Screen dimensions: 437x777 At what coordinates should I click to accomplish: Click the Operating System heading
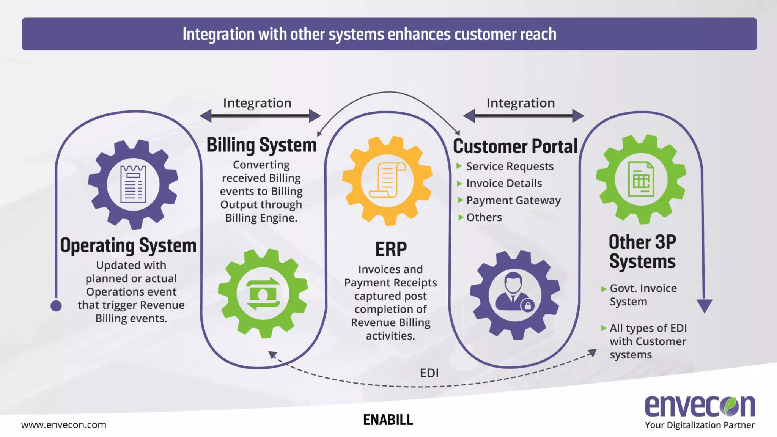[x=128, y=245]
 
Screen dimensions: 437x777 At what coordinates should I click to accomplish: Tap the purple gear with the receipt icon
[x=133, y=184]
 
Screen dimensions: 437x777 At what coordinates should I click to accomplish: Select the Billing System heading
[x=261, y=145]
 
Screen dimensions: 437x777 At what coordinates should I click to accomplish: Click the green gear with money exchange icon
[x=263, y=294]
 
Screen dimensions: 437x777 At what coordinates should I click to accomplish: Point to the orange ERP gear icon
[x=387, y=181]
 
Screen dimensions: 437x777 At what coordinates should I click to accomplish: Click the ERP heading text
[x=390, y=250]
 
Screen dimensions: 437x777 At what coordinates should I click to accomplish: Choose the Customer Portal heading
[x=515, y=146]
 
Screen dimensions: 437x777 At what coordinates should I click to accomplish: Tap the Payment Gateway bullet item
[x=513, y=200]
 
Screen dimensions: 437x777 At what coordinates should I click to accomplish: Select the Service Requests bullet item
[x=510, y=167]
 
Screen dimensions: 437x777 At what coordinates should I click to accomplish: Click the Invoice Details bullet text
[x=504, y=184]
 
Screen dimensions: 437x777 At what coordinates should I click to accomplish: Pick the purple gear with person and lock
[x=514, y=295]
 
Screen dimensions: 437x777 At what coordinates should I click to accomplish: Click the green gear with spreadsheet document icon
[x=641, y=179]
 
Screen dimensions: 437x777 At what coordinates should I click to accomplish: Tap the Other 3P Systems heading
[x=642, y=252]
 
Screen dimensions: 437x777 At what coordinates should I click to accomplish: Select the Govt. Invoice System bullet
[x=643, y=295]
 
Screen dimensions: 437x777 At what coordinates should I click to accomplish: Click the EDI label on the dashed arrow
[x=429, y=373]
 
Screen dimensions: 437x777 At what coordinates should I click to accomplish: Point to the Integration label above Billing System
[x=257, y=103]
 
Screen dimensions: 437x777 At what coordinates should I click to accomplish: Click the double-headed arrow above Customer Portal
[x=523, y=116]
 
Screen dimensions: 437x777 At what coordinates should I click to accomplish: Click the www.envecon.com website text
[x=63, y=425]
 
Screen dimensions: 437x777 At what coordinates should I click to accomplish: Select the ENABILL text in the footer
[x=388, y=420]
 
